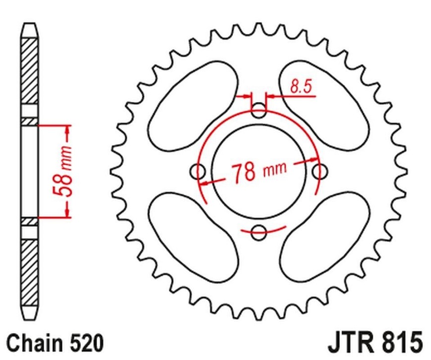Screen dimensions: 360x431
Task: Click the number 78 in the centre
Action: pyautogui.click(x=244, y=172)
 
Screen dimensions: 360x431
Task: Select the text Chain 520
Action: pyautogui.click(x=55, y=343)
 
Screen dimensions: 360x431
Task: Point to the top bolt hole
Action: pyautogui.click(x=258, y=111)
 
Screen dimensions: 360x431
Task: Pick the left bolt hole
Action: pyautogui.click(x=199, y=172)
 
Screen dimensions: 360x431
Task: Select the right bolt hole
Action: pyautogui.click(x=320, y=172)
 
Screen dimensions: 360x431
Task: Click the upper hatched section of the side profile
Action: pyautogui.click(x=29, y=69)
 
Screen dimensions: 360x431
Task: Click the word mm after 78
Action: pyautogui.click(x=274, y=170)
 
